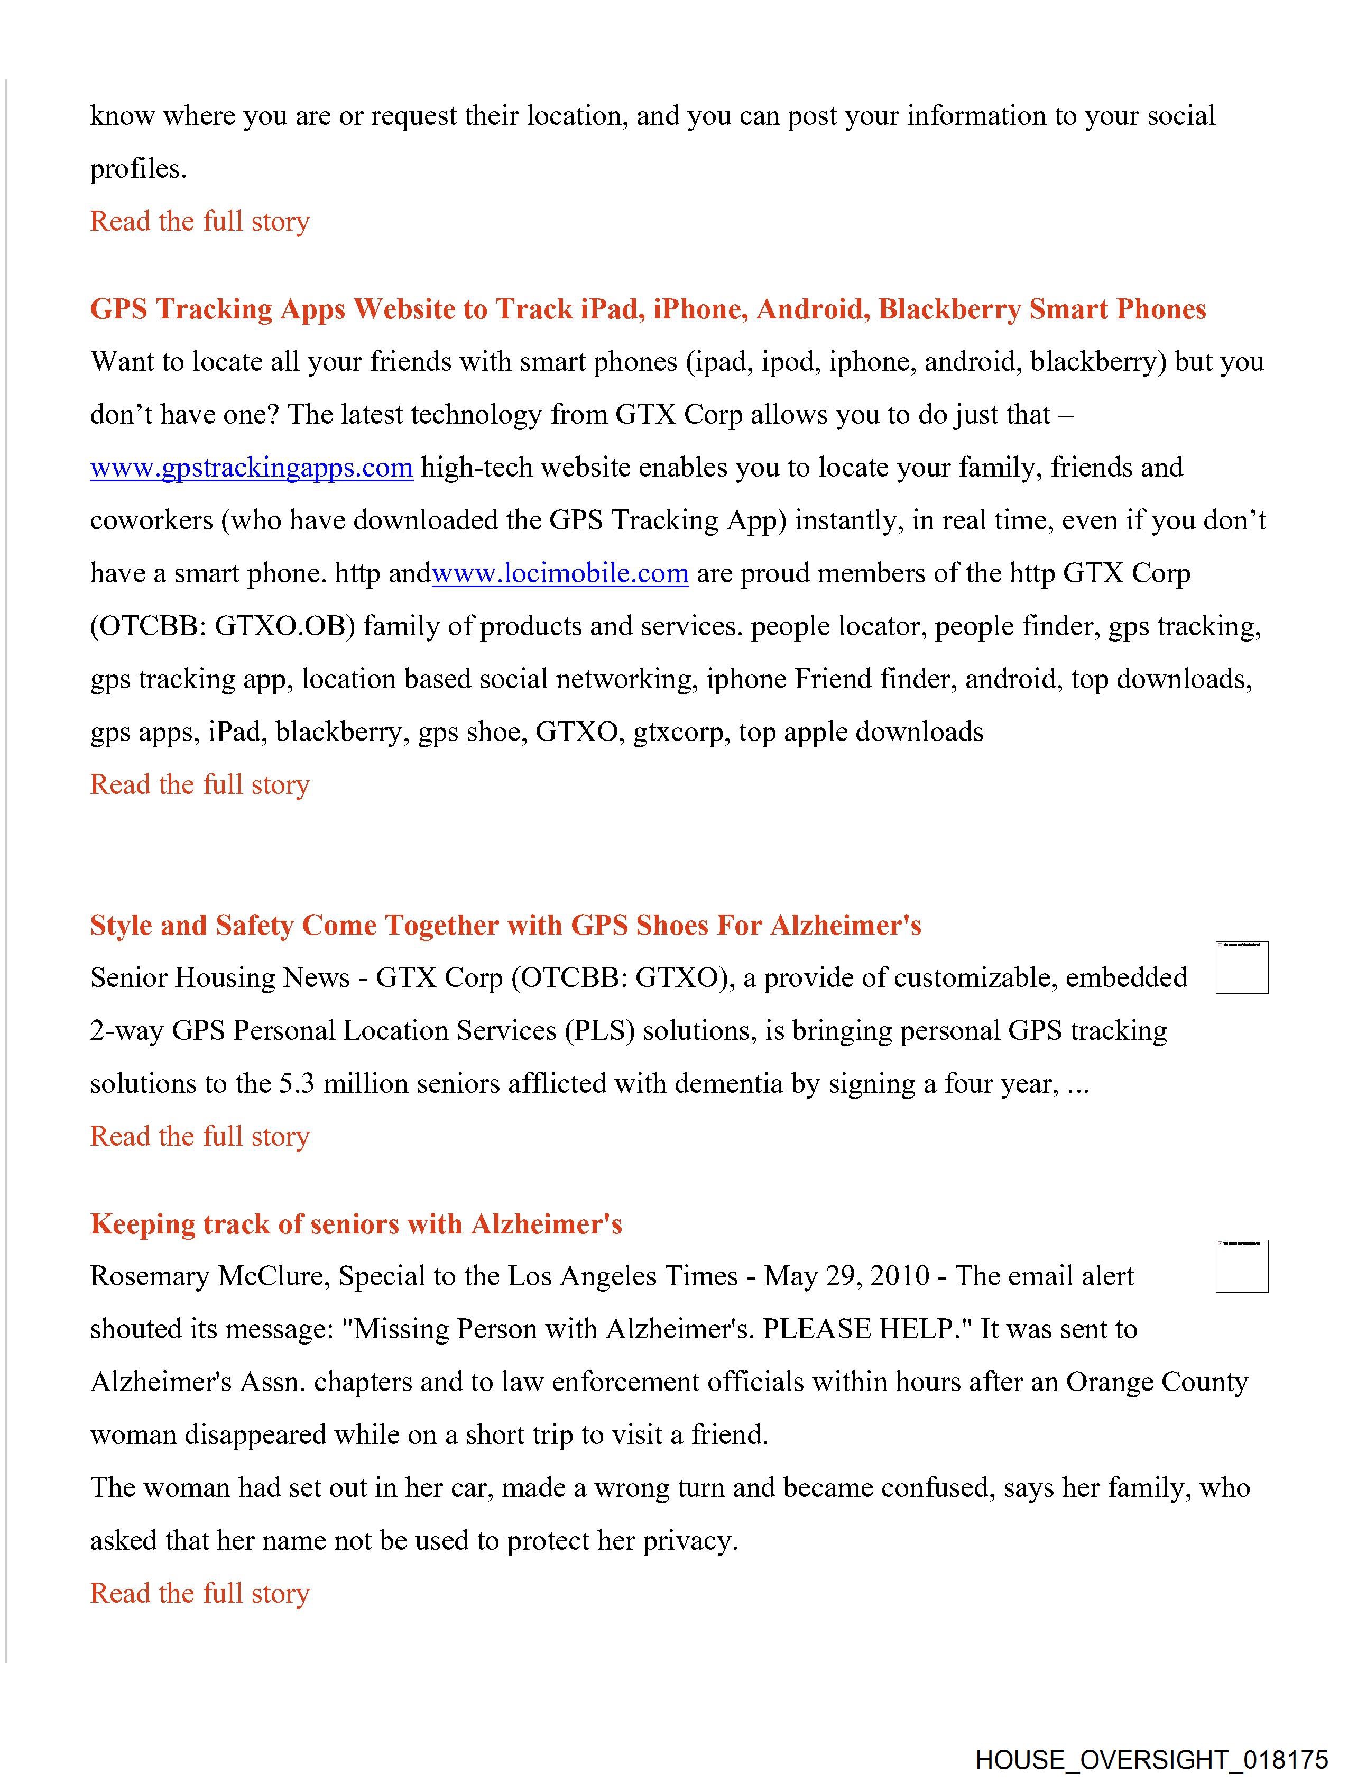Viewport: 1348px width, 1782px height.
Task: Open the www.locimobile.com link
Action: tap(560, 573)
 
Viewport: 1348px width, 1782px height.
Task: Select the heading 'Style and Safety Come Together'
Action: tap(505, 925)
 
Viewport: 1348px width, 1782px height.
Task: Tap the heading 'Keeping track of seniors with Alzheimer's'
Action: tap(356, 1224)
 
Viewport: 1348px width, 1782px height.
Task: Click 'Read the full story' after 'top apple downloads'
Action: tap(200, 784)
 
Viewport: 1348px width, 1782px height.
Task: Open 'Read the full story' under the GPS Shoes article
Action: tap(200, 1137)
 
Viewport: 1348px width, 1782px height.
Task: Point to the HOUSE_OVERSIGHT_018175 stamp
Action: tap(1151, 1759)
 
